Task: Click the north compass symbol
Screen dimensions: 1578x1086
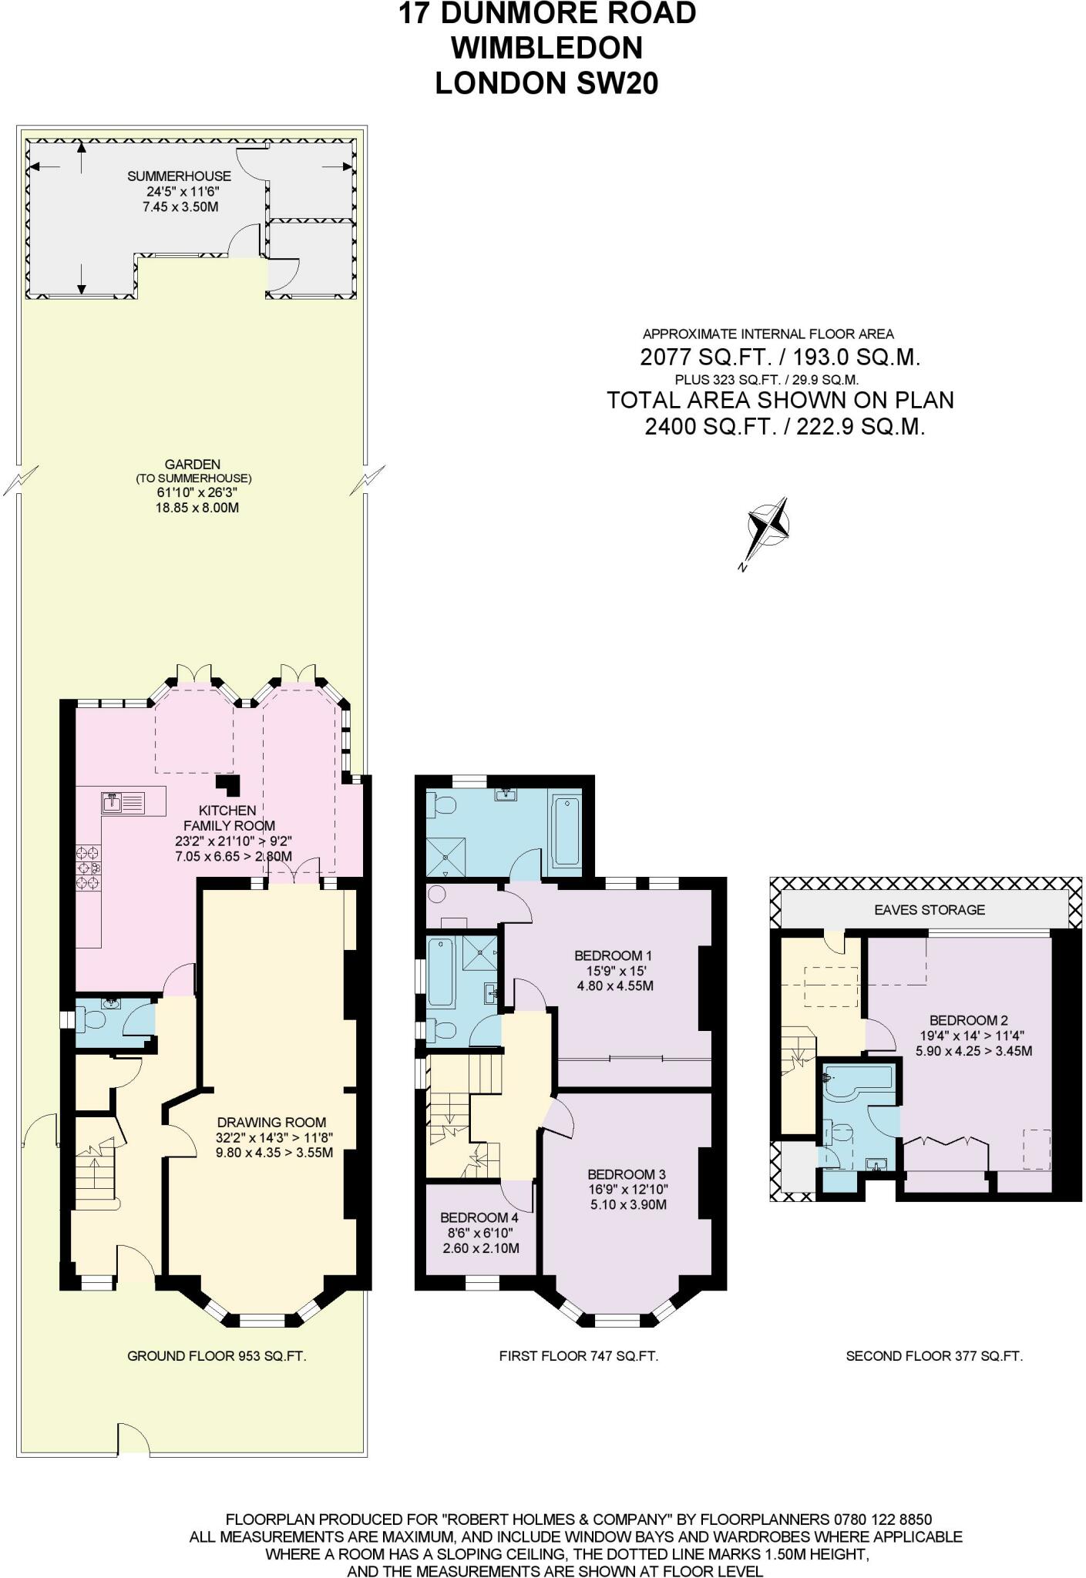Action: coord(768,527)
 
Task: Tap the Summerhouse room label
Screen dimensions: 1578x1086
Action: coord(179,176)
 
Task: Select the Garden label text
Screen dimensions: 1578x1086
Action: coord(192,465)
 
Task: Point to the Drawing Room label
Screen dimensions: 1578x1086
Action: coord(271,1123)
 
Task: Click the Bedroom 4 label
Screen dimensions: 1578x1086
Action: coord(479,1217)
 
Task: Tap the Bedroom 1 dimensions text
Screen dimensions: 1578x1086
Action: coord(614,985)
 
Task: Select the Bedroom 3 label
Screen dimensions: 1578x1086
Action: coord(626,1174)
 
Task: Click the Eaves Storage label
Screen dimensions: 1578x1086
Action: coord(929,909)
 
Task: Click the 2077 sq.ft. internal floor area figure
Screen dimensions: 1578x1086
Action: coord(780,358)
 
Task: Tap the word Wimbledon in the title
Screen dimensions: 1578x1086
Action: coord(546,48)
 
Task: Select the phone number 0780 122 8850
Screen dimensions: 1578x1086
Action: coord(883,1519)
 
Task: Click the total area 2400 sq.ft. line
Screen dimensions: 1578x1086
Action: coord(784,426)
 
